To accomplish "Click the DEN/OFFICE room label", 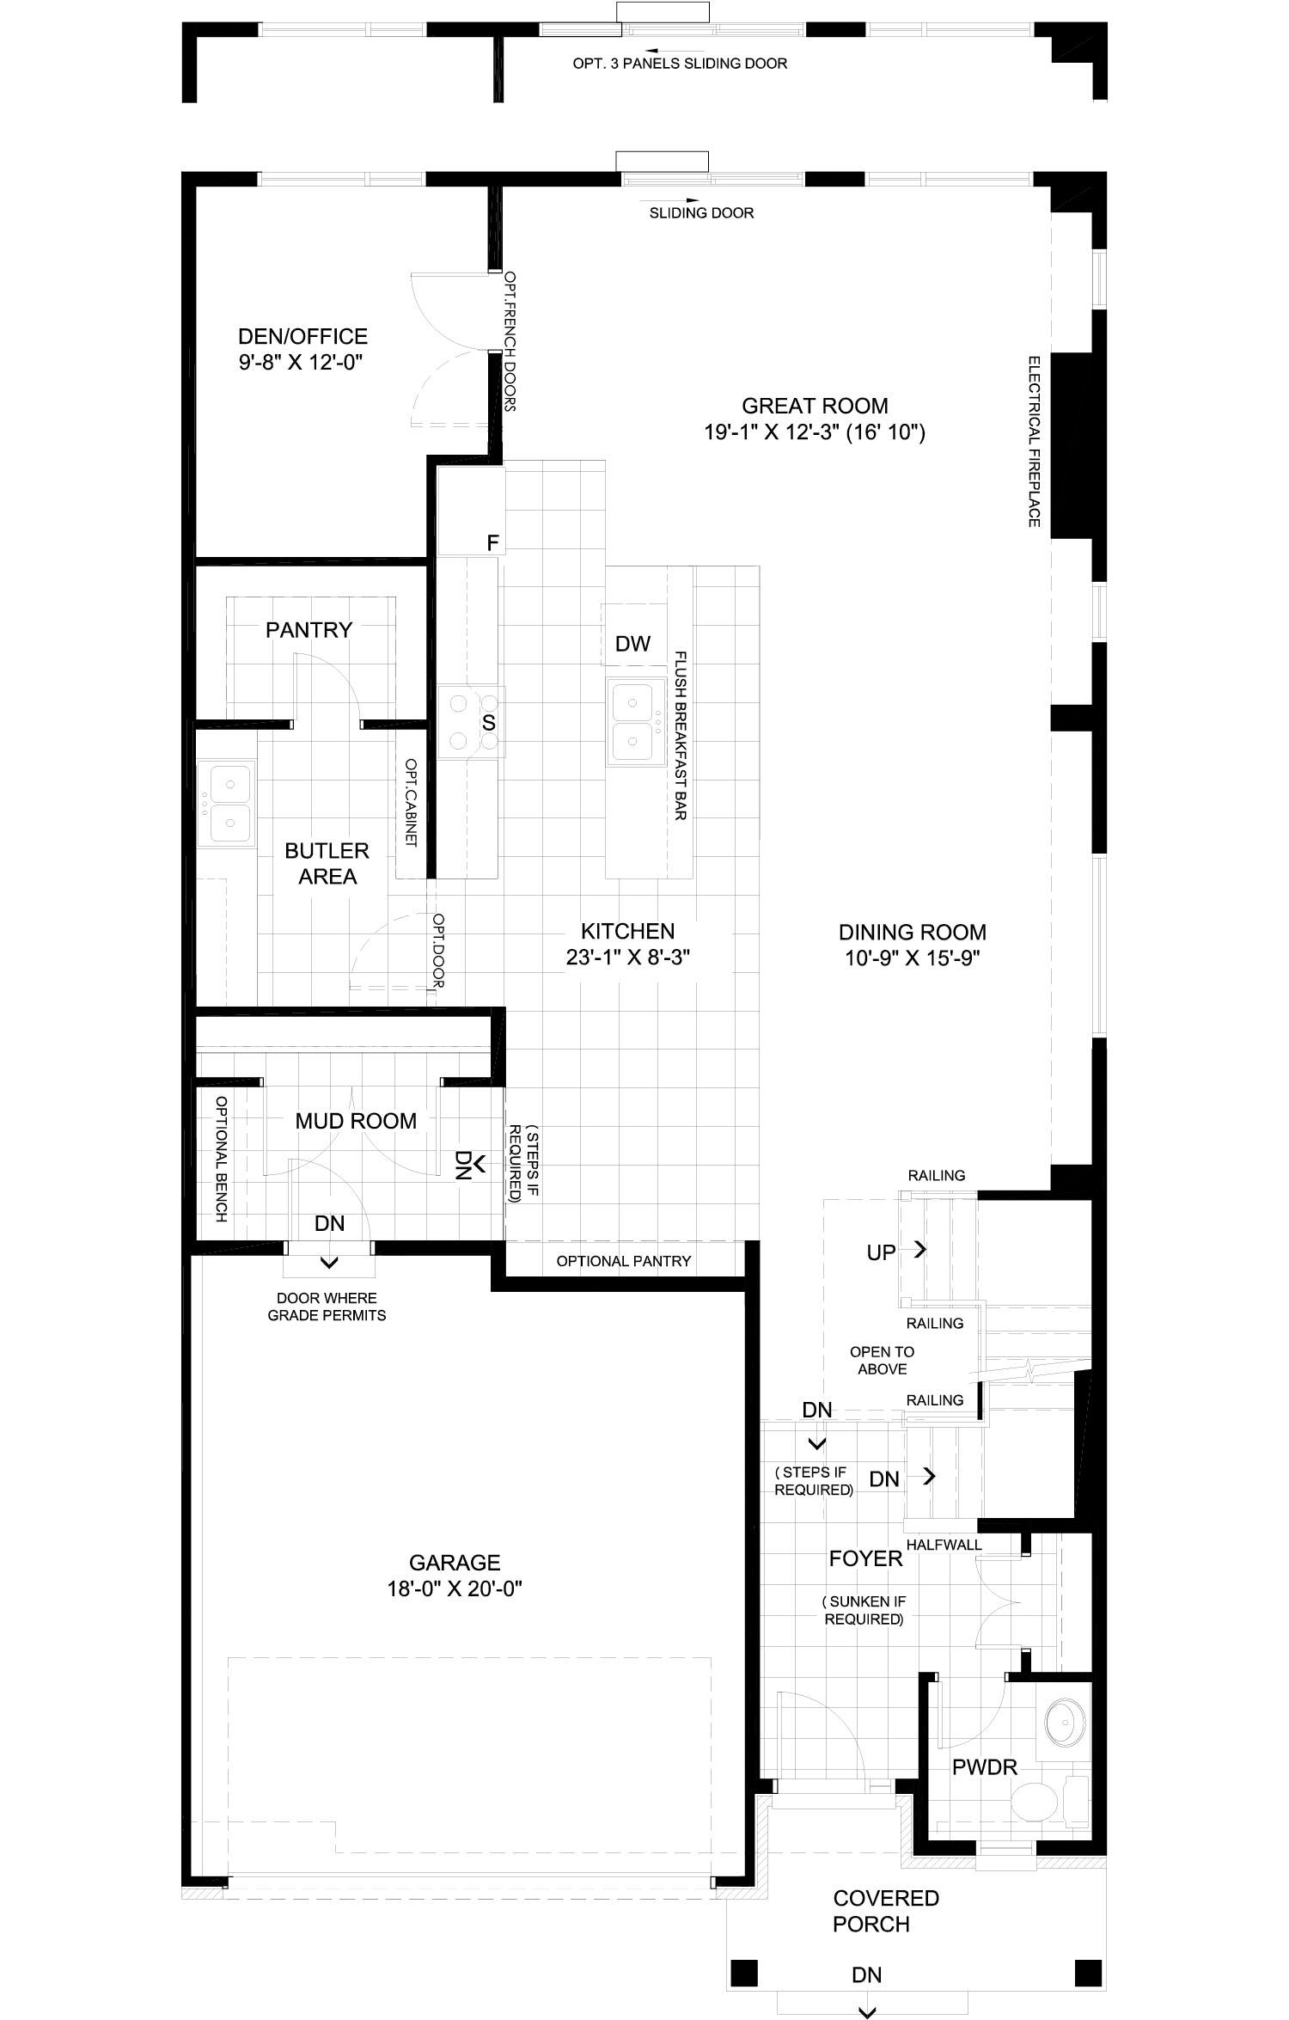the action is tap(302, 336).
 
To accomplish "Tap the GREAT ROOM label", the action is tap(815, 406).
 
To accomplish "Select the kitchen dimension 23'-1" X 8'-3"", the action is tap(628, 958).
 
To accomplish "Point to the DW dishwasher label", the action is tap(633, 644).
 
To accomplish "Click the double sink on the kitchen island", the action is tap(636, 720).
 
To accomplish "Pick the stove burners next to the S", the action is tap(472, 721).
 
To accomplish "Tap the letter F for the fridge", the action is tap(492, 542).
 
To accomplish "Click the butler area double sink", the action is tap(227, 803).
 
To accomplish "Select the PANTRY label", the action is tap(309, 630).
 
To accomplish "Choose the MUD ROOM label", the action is tap(356, 1121).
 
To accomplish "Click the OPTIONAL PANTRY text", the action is tap(624, 1261).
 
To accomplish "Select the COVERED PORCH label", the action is tap(885, 1910).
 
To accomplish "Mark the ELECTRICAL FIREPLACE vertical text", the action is tap(1034, 441).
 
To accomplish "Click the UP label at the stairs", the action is tap(882, 1252).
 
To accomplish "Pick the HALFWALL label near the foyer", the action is tap(944, 1545).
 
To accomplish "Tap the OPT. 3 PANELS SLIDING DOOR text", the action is tap(680, 64).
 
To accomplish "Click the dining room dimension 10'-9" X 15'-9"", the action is tap(913, 958).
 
